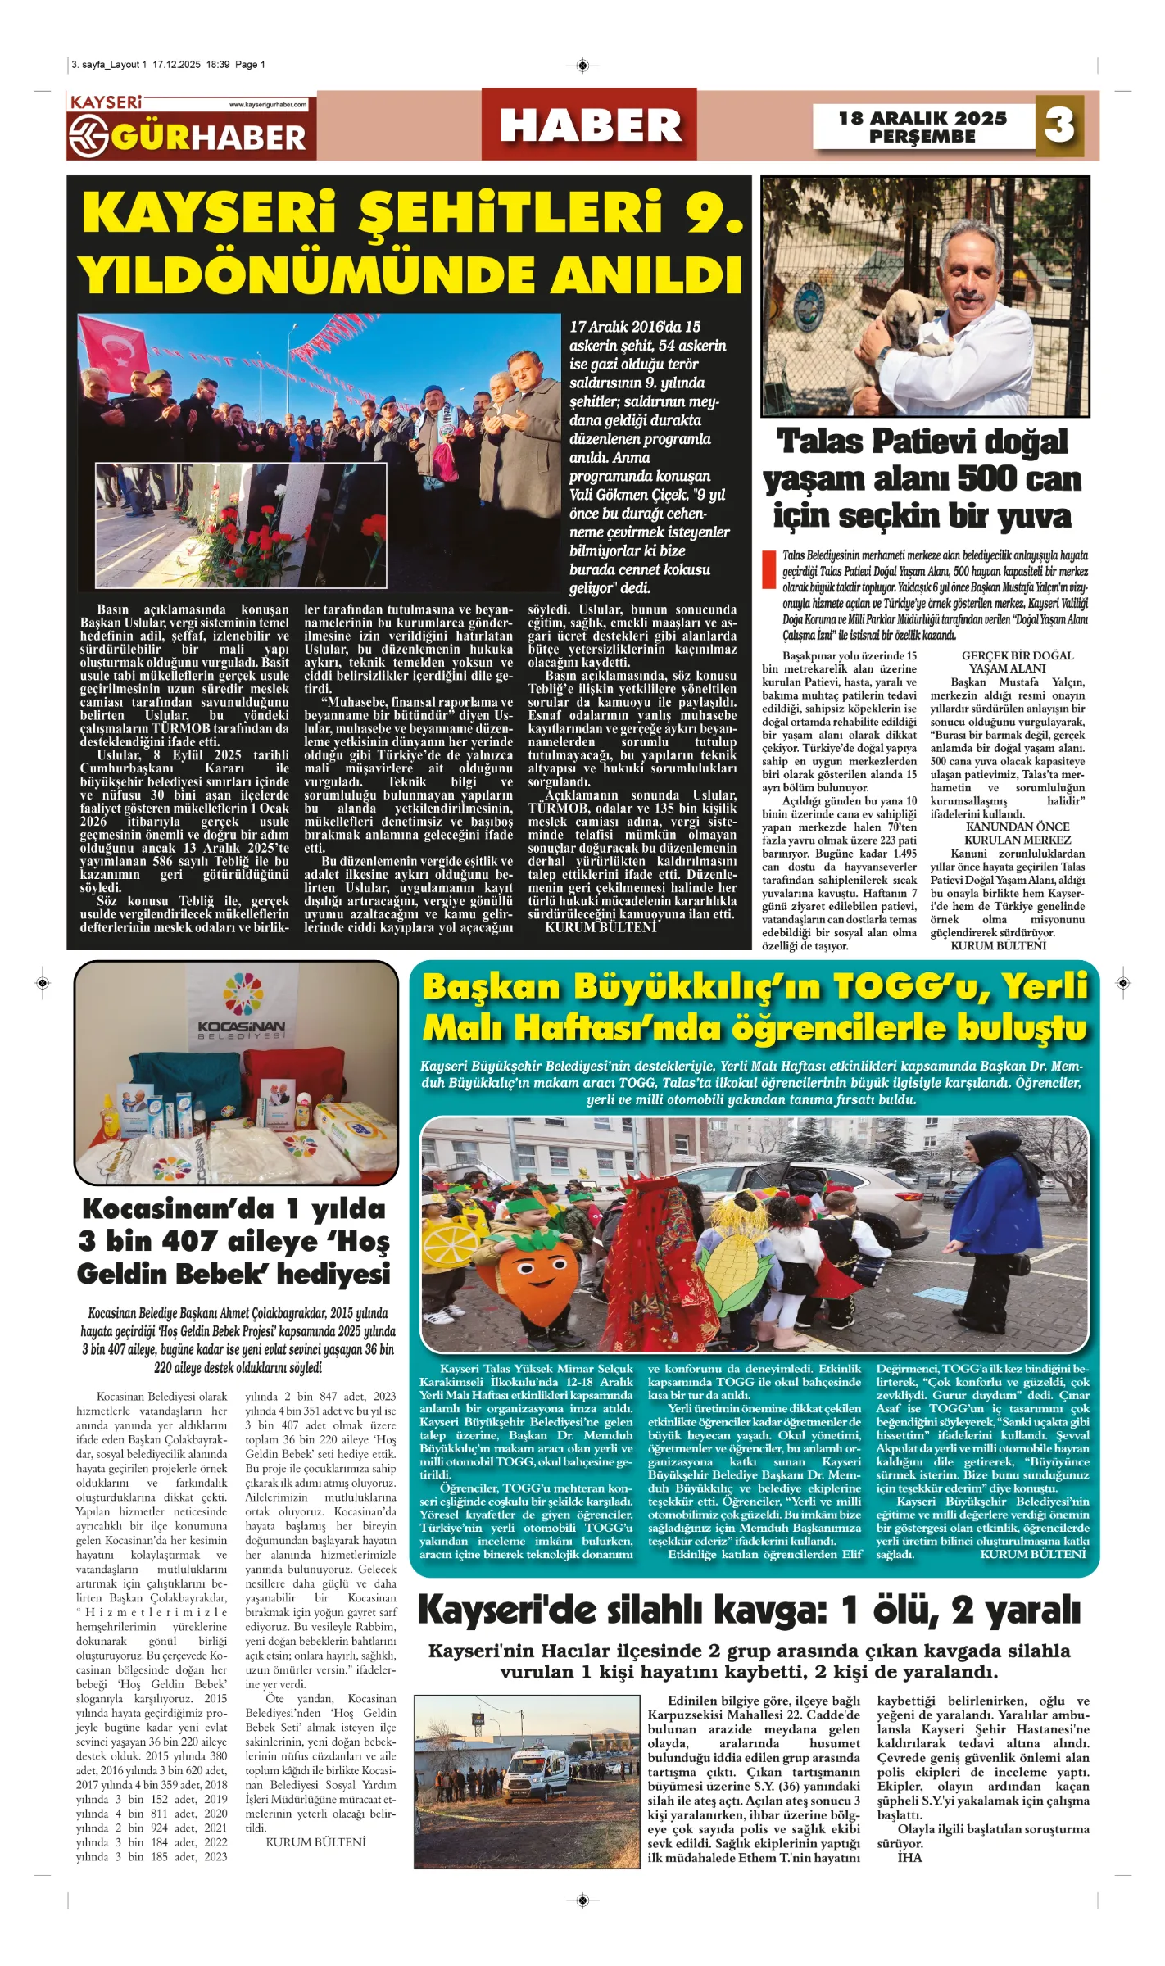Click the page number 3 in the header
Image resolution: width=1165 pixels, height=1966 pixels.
pyautogui.click(x=1058, y=125)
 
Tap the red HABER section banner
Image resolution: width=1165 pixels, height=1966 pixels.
pyautogui.click(x=589, y=125)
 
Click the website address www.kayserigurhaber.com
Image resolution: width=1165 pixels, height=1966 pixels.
pyautogui.click(x=268, y=105)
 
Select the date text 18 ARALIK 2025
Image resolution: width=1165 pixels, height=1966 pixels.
pyautogui.click(x=922, y=118)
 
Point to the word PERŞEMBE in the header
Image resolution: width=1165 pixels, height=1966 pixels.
pyautogui.click(x=922, y=137)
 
